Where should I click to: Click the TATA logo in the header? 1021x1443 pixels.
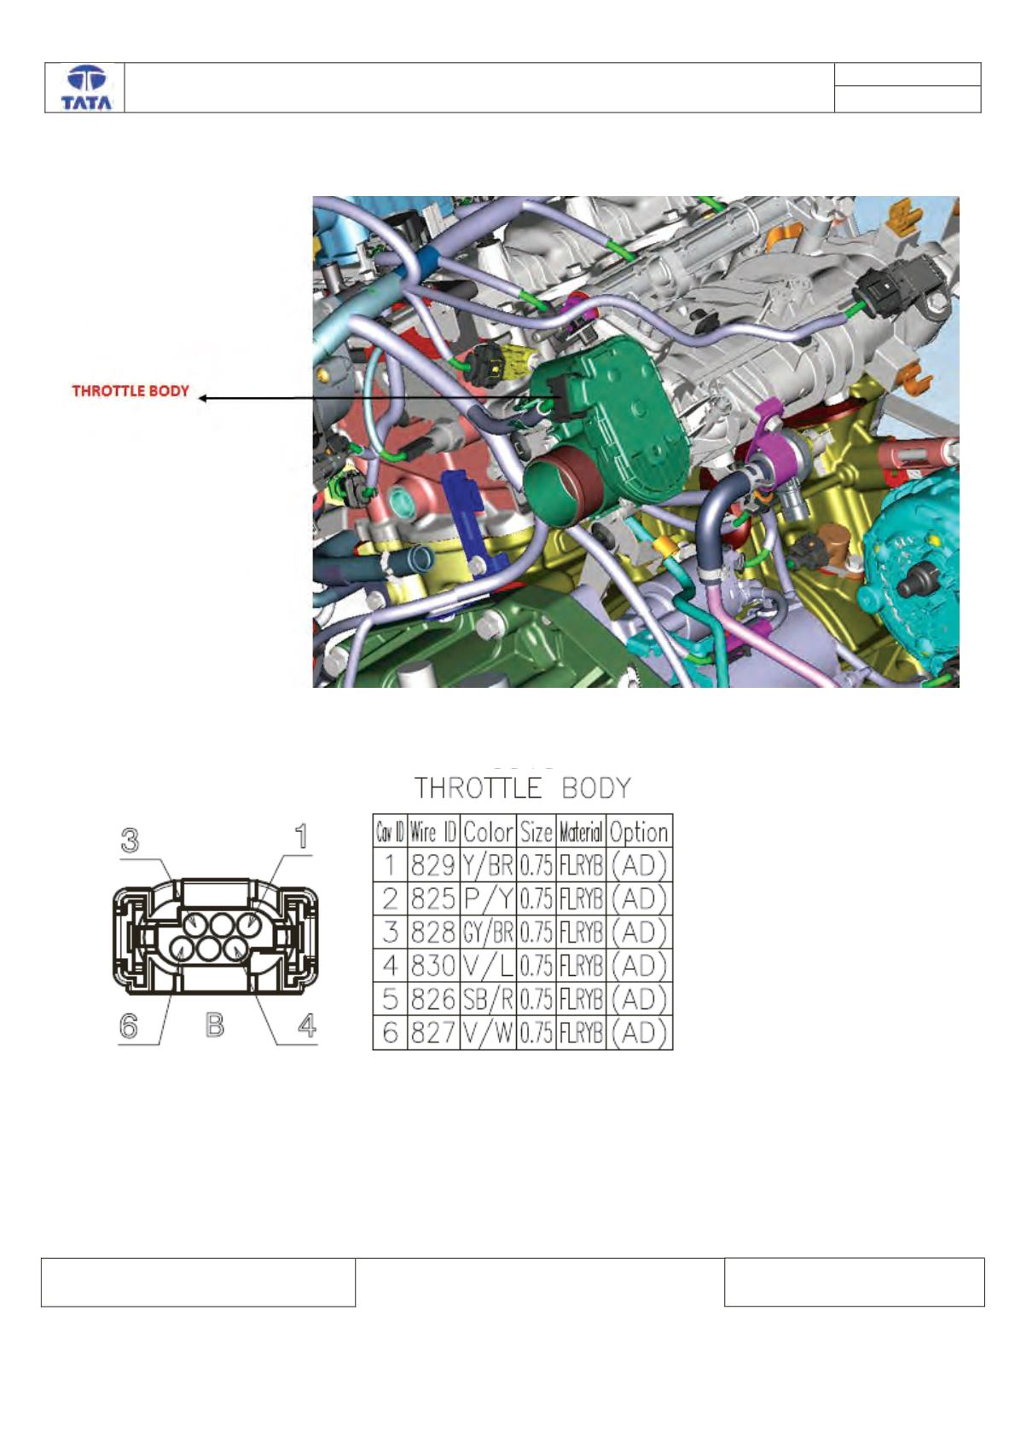86,88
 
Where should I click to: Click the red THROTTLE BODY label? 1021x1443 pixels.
131,391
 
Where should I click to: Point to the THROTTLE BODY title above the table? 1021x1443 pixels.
522,788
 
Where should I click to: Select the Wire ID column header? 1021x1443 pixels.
433,833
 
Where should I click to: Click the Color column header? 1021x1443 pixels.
488,832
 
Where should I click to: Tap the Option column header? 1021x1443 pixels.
639,833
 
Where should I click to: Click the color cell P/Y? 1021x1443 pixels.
488,898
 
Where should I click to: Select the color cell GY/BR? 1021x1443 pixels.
488,932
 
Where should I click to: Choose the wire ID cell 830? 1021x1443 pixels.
433,965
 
